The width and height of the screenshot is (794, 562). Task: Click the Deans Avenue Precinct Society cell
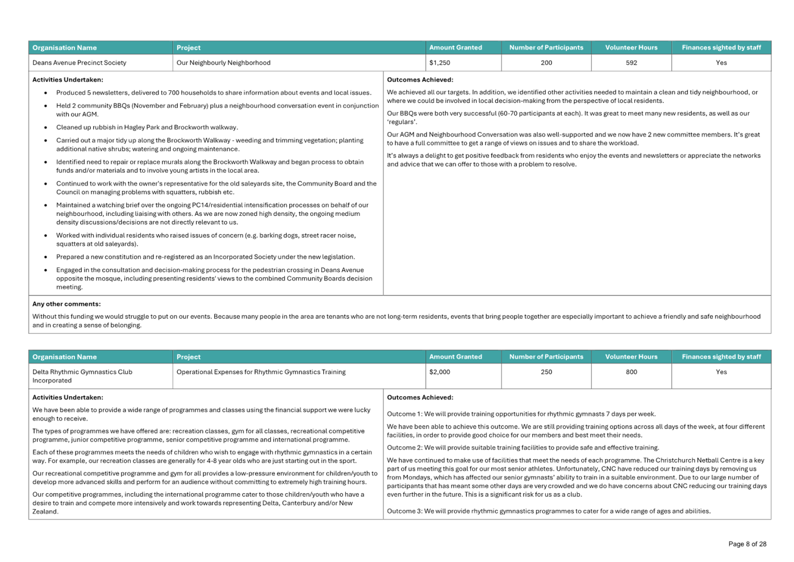(x=80, y=63)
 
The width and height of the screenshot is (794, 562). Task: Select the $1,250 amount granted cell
(x=440, y=63)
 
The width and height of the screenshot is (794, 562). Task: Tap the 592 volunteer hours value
(x=631, y=63)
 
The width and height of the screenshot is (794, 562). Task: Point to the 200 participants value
(x=546, y=63)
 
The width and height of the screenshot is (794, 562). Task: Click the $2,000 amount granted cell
(x=440, y=372)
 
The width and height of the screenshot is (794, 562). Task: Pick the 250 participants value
(x=546, y=372)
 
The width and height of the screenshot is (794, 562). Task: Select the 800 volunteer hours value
(x=631, y=372)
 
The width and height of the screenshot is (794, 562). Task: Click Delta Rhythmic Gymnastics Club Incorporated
(x=82, y=376)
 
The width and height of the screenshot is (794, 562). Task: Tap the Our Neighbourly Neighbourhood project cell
(x=224, y=63)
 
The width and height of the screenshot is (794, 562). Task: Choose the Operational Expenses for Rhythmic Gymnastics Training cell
(x=261, y=372)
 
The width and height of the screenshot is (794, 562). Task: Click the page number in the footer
(x=747, y=544)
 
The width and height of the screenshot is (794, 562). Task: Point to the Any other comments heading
(x=66, y=305)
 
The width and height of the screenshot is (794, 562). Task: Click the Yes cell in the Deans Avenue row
(x=721, y=63)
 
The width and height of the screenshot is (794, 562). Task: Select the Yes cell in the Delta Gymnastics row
(x=721, y=372)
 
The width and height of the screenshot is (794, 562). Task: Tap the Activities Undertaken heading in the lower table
(x=68, y=398)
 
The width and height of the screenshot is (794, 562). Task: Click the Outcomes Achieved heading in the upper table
(x=420, y=80)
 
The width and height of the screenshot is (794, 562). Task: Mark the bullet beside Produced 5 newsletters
(x=46, y=93)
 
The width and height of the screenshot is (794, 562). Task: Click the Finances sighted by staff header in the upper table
(x=721, y=48)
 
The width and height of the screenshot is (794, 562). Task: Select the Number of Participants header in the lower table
(x=546, y=357)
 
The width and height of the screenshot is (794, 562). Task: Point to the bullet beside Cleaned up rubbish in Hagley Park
(x=46, y=127)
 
